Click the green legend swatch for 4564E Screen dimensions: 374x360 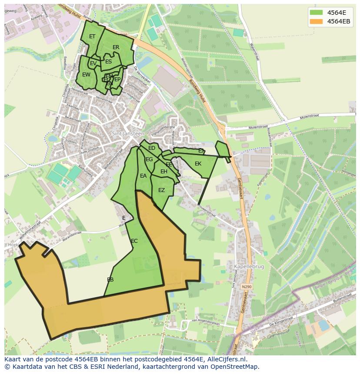tap(317, 12)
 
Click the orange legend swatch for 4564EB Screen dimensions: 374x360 tap(317, 21)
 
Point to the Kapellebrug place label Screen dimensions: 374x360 tap(249, 267)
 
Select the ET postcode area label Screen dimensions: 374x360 tap(92, 36)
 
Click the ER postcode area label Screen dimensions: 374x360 tap(116, 47)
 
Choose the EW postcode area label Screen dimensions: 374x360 tap(86, 75)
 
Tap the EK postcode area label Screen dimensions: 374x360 tap(198, 164)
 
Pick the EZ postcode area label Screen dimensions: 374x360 tap(161, 190)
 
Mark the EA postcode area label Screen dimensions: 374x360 tap(143, 176)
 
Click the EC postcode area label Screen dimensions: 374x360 tap(134, 241)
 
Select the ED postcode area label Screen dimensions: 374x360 tap(152, 148)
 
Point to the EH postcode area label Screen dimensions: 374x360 tap(164, 172)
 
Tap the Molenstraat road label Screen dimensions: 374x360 tap(257, 127)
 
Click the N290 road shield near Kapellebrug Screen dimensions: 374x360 tap(247, 287)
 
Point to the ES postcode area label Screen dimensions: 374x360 tap(108, 62)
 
